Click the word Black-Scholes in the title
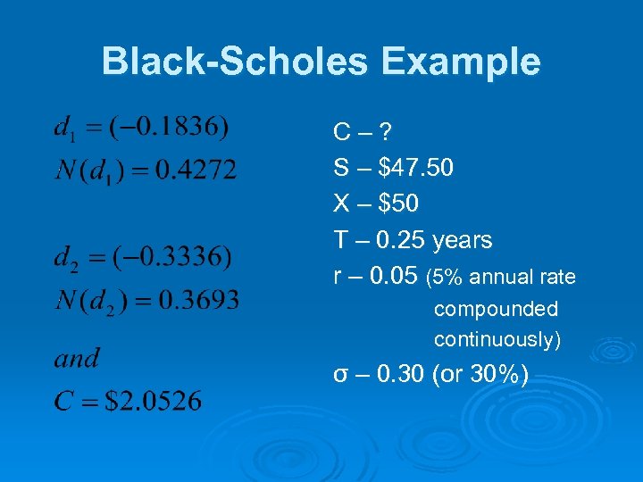[x=235, y=62]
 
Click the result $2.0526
[x=154, y=402]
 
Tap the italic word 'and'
[x=77, y=359]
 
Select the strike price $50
[x=398, y=204]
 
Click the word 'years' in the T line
[x=462, y=240]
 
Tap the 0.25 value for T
[x=401, y=240]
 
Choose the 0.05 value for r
[x=392, y=277]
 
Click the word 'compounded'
[x=496, y=309]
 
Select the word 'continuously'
[x=495, y=339]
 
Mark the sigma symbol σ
[x=339, y=376]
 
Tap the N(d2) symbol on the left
[x=88, y=300]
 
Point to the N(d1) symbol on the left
[x=87, y=170]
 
